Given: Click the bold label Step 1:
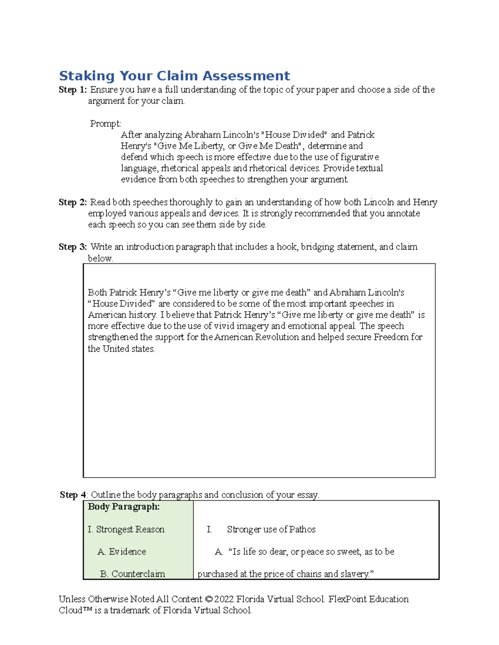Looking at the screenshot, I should [x=73, y=90].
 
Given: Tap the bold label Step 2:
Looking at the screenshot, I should [x=73, y=202].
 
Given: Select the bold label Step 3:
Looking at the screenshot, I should [x=73, y=247].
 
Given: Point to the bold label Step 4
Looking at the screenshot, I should [x=73, y=495].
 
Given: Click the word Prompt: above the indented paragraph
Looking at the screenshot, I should [x=106, y=124].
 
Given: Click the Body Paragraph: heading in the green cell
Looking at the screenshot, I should [x=124, y=507].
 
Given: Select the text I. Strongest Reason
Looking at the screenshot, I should [x=126, y=530].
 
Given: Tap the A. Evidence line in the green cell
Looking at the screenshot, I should [x=121, y=552].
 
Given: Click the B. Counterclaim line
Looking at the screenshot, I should [x=132, y=574].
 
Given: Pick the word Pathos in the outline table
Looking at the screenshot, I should [x=302, y=530].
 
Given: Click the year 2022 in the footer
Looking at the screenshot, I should [x=224, y=599].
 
